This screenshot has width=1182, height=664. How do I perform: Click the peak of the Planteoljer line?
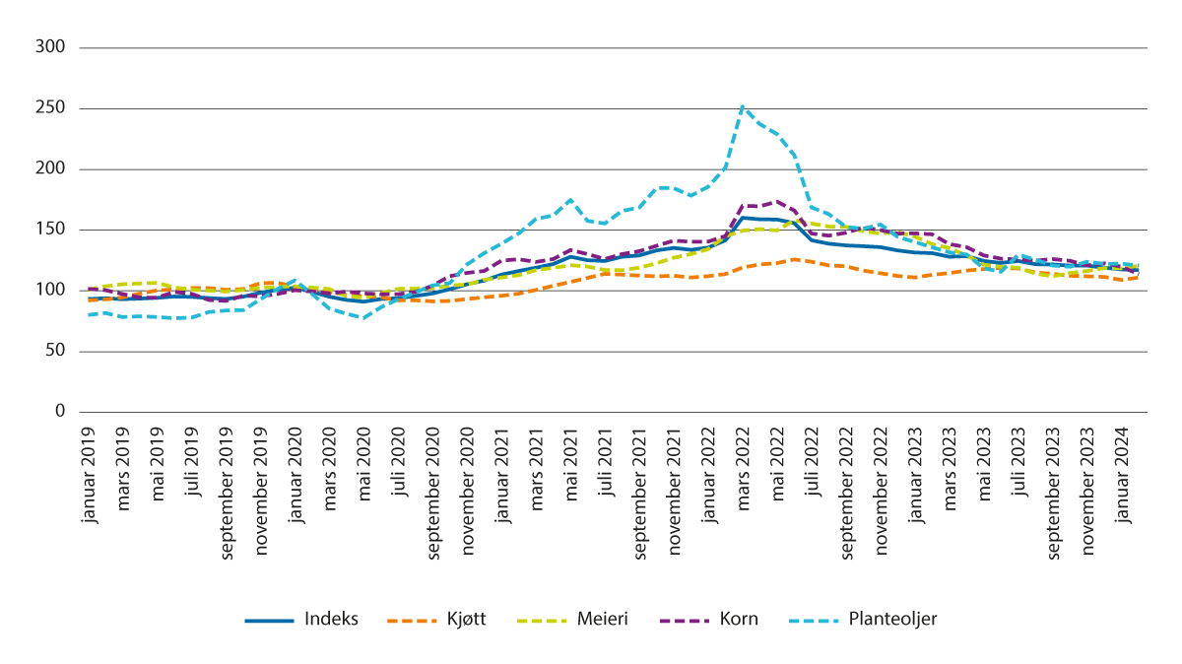point(742,106)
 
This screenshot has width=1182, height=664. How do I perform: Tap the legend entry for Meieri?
point(600,620)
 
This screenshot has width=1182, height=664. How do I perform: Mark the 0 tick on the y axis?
point(60,412)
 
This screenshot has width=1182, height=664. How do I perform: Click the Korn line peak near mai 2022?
point(776,201)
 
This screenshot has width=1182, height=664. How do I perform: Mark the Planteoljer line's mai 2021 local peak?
point(570,200)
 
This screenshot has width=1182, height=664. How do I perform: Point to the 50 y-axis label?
point(55,351)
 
